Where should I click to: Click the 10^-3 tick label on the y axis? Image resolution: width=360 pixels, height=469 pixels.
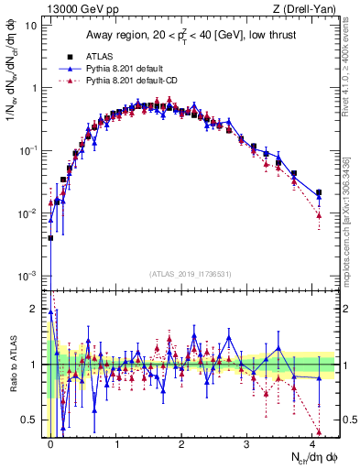coord(27,276)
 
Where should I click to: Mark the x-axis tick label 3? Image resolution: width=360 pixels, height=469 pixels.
coord(248,443)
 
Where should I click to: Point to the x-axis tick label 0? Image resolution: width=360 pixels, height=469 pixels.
coord(50,443)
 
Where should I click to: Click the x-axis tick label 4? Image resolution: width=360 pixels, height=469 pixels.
coord(314,443)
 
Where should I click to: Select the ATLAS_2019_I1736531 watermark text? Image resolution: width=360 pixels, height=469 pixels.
coord(190,273)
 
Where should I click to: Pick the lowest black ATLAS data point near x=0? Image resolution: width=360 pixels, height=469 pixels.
coord(50,237)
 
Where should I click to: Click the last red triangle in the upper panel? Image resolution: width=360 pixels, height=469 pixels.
coord(318,215)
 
